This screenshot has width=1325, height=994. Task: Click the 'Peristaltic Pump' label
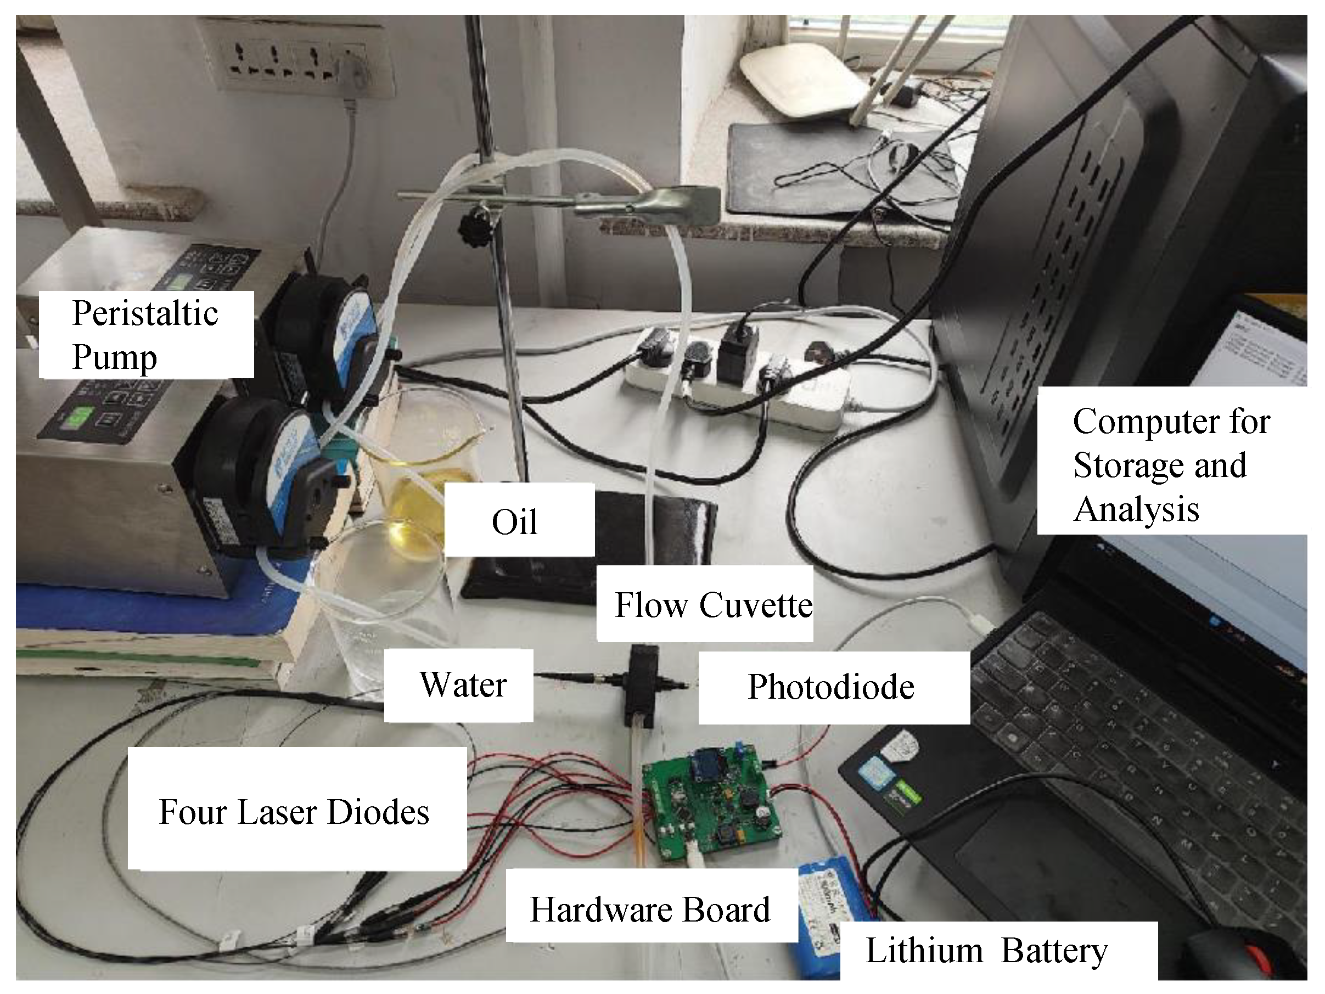145,334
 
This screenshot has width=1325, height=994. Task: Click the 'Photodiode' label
833,687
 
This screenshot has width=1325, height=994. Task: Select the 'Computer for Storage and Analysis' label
1171,464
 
